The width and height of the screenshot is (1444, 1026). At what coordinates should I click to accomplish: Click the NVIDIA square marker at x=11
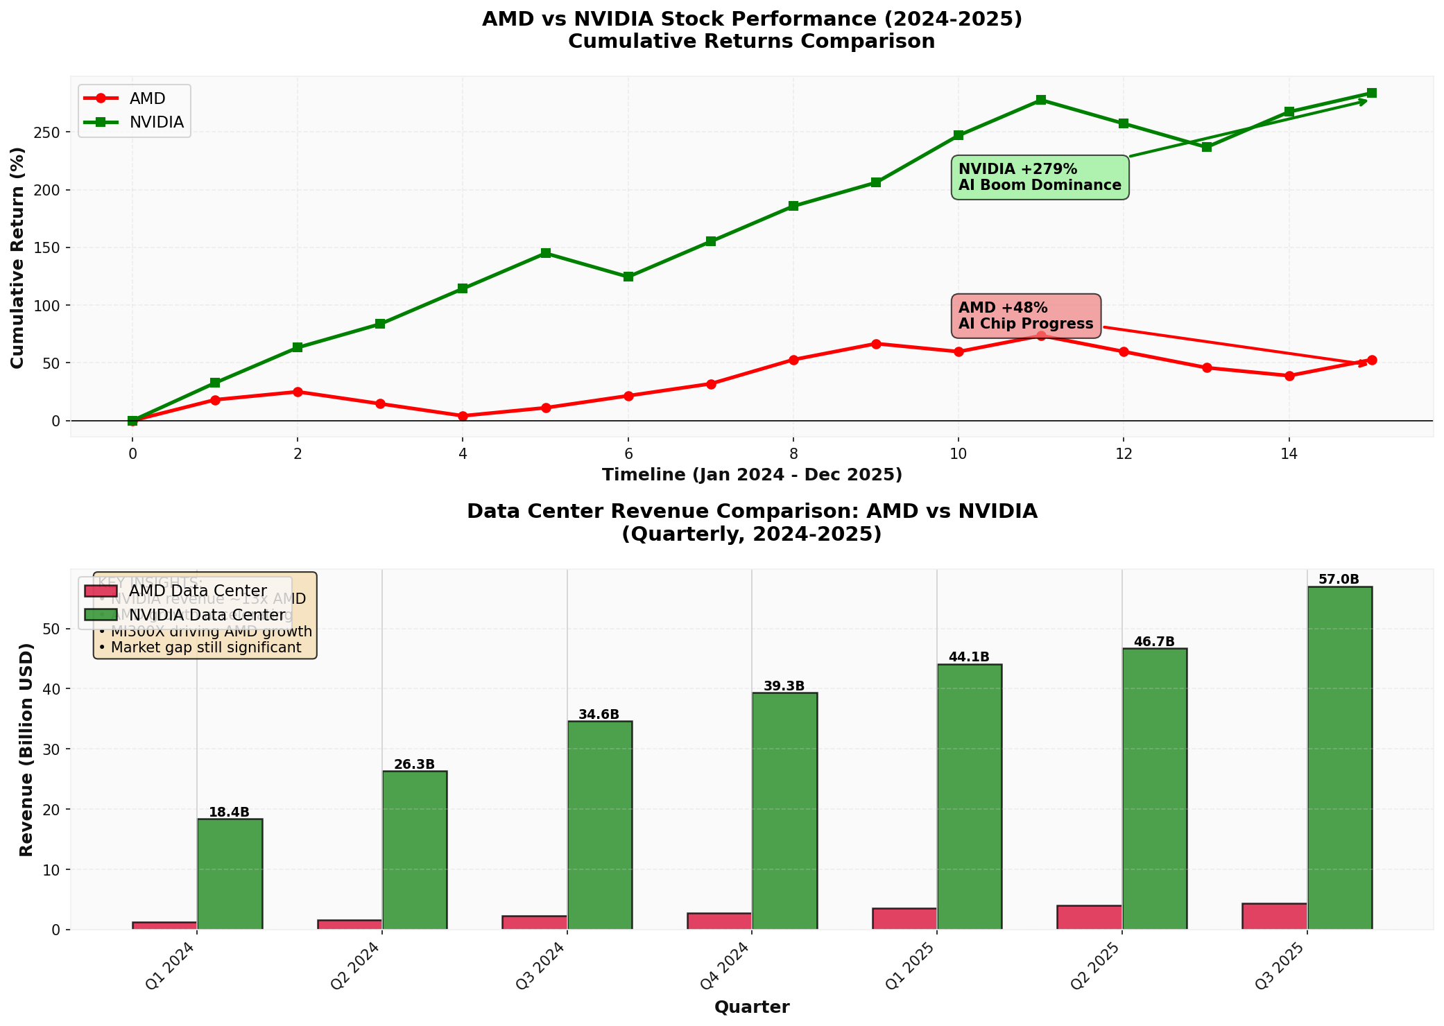tap(1041, 100)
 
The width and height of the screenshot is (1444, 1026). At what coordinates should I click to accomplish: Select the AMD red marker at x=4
tap(463, 416)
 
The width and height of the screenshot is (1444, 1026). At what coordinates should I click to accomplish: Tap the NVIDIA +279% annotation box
tap(1040, 177)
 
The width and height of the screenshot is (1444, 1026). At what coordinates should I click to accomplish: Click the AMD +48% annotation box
tap(1026, 316)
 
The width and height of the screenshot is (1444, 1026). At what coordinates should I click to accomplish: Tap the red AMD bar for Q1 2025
tap(904, 918)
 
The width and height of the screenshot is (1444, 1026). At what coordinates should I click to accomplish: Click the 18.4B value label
tap(229, 812)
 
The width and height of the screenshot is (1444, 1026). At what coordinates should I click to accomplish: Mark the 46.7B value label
tap(1154, 642)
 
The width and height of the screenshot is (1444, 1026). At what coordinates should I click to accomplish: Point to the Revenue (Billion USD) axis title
tap(26, 749)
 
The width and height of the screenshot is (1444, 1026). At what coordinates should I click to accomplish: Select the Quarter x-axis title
tap(751, 1007)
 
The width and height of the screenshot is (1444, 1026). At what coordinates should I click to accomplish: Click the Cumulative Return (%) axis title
tap(17, 257)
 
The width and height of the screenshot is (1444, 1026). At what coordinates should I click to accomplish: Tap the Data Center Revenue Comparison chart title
tap(751, 523)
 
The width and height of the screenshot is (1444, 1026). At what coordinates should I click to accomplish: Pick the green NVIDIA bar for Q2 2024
tap(414, 849)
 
